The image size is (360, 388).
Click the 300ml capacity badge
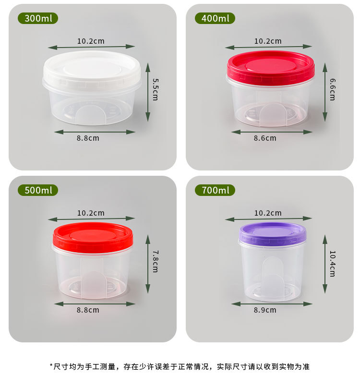pos(38,19)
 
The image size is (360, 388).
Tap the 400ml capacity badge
pos(215,19)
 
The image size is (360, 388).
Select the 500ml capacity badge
pos(38,190)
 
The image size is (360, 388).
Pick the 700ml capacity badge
pos(215,190)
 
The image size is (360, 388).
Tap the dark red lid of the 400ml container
pos(270,67)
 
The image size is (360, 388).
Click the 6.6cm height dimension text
pos(332,89)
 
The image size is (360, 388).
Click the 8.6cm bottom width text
pos(265,138)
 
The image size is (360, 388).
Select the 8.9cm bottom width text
pos(265,310)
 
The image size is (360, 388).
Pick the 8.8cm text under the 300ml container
pos(88,138)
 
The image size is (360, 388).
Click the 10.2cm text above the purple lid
pos(268,213)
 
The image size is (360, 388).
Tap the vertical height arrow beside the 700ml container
pos(325,264)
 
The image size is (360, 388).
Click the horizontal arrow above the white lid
pos(91,47)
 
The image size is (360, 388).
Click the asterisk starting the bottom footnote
pos(51,366)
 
